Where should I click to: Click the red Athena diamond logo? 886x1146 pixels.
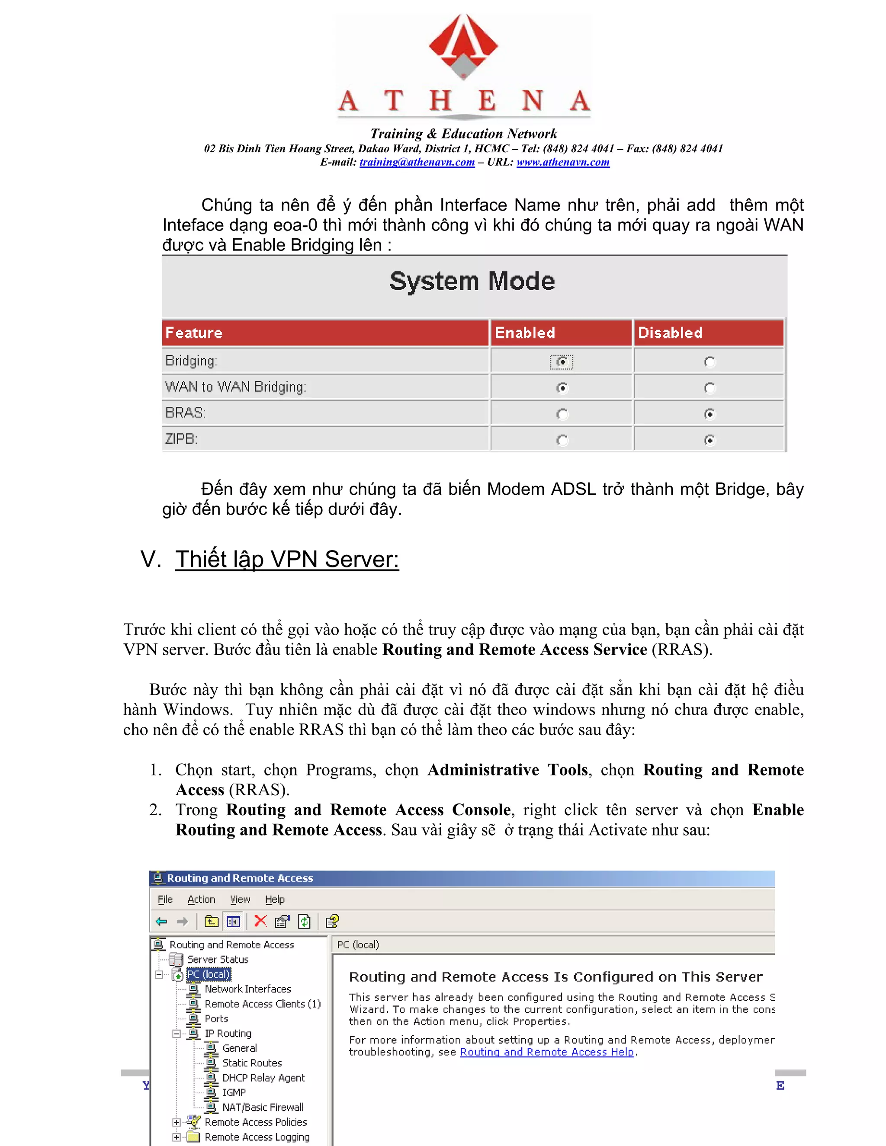(463, 46)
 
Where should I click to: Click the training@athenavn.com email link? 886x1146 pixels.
(417, 162)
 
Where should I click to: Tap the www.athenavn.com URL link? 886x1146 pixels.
(563, 162)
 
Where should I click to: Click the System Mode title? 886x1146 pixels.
(472, 281)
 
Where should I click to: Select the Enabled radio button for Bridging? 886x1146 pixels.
(562, 362)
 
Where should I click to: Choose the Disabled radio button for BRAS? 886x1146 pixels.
(709, 414)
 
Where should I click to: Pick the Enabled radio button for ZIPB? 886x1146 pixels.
(562, 440)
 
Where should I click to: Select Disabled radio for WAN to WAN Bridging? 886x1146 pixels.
(709, 388)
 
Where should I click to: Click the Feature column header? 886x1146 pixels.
(194, 333)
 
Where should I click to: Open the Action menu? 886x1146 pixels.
(201, 900)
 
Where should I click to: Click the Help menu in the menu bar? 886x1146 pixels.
(275, 900)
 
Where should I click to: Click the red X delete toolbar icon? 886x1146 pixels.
(260, 921)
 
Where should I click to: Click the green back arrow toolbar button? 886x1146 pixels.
(161, 921)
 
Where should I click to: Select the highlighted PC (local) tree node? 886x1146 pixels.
(209, 974)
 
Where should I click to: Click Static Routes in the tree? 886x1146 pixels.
(252, 1063)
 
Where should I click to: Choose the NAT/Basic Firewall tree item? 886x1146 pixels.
(263, 1107)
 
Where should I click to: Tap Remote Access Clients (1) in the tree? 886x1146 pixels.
(263, 1003)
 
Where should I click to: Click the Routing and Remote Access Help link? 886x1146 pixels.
(546, 1052)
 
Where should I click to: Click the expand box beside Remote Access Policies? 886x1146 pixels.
(177, 1122)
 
